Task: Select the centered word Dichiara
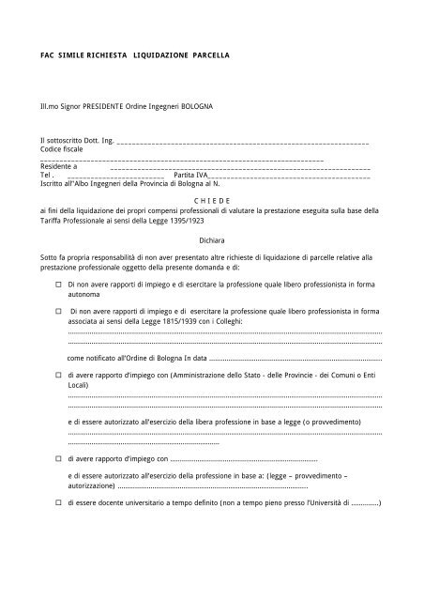[x=211, y=240]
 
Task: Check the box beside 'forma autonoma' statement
[x=56, y=282]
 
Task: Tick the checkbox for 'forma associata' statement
[x=56, y=308]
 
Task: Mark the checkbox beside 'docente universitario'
[x=56, y=502]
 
